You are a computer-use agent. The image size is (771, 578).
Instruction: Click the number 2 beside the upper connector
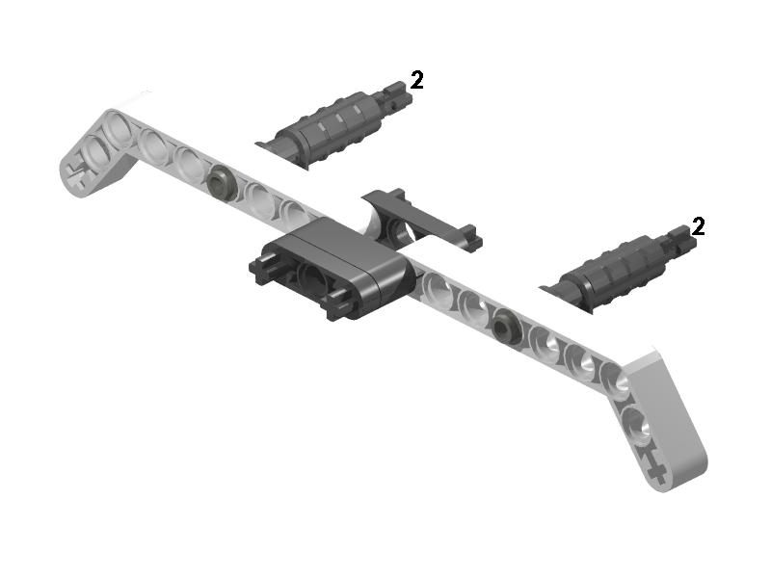pyautogui.click(x=416, y=80)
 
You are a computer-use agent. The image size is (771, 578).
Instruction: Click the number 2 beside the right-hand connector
pyautogui.click(x=698, y=226)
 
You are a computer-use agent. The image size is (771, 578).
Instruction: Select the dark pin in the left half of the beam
pyautogui.click(x=222, y=183)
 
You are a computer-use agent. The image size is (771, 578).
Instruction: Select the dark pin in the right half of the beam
pyautogui.click(x=504, y=327)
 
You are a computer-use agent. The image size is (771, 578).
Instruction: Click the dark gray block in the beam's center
pyautogui.click(x=330, y=268)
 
